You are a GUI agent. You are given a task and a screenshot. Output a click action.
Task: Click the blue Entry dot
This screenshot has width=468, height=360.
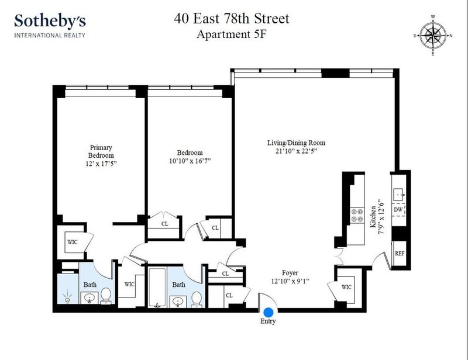coord(269,312)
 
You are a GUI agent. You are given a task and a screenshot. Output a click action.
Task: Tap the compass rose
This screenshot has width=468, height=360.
coord(433,36)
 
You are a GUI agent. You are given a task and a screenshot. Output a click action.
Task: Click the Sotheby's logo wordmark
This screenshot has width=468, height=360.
coord(50,21)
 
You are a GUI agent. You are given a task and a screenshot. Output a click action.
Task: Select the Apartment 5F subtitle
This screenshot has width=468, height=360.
coord(231,34)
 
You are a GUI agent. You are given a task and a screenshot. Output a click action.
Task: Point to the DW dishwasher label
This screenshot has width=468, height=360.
coord(398,210)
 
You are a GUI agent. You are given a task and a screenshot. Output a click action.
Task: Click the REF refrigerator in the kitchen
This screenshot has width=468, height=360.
coord(400,253)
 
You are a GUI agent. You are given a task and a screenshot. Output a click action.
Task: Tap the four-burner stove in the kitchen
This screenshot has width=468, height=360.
coord(357,215)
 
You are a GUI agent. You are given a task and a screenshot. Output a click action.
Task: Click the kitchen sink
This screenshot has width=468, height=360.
coord(399,195)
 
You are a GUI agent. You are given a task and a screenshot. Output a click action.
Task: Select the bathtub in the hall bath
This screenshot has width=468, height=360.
coord(157,288)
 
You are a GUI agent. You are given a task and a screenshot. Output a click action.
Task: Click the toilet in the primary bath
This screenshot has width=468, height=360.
coord(106,296)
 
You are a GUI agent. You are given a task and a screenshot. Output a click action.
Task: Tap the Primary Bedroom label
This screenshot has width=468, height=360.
coord(101,151)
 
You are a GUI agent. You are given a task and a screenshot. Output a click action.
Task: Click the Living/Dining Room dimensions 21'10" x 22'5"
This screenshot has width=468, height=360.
coord(296,151)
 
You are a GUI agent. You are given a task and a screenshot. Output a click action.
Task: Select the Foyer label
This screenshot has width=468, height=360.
coord(290,272)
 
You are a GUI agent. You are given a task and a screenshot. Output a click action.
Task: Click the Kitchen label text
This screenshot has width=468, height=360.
coord(373,217)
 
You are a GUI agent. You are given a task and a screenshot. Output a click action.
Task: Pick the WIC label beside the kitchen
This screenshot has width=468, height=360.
coord(346,287)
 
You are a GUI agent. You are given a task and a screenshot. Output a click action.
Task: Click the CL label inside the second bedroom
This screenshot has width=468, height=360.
coord(164,224)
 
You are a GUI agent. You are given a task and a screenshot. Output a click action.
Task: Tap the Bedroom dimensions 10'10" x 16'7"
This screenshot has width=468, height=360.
coord(190,161)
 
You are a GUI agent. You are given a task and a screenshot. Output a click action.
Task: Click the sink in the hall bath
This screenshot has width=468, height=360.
coord(178,302)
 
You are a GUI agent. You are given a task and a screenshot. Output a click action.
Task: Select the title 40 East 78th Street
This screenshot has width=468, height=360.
coord(232,19)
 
